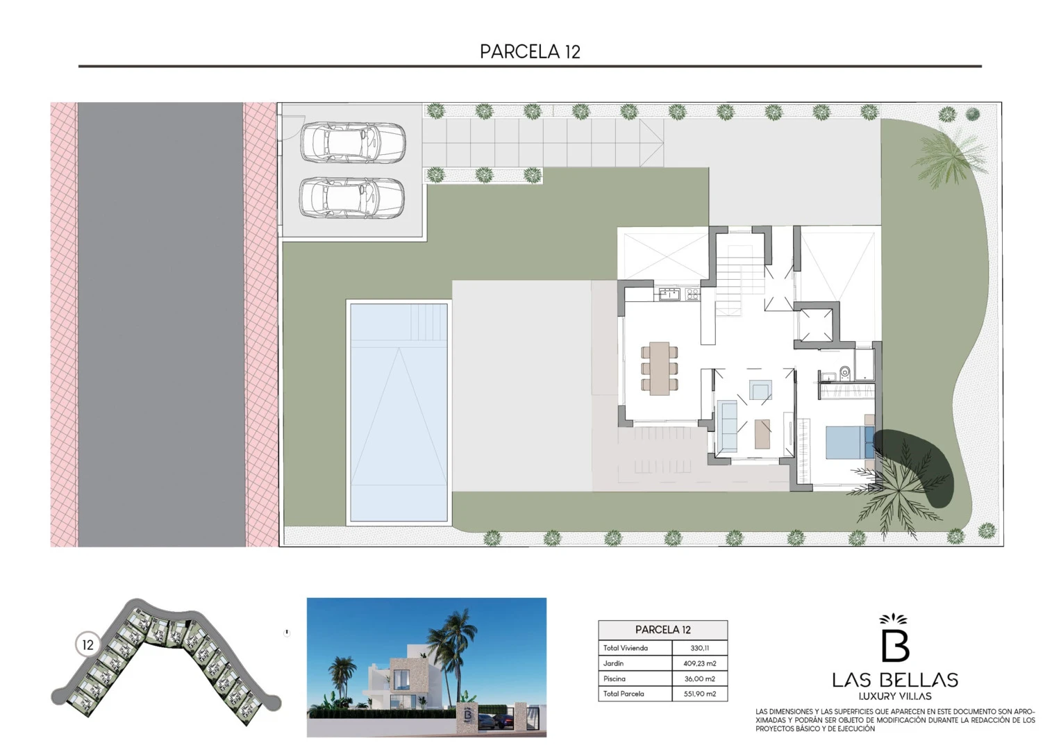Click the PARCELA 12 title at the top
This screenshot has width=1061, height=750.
[x=530, y=51]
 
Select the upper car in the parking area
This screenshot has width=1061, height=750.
[x=353, y=143]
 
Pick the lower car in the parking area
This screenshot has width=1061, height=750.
[x=352, y=198]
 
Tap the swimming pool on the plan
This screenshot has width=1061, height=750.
[x=399, y=412]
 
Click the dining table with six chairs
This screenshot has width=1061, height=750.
[x=660, y=369]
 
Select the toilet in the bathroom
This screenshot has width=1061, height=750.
[x=844, y=372]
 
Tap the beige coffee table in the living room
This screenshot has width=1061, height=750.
[x=762, y=433]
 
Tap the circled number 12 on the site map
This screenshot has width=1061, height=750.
[x=87, y=645]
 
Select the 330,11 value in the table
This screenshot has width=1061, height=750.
[x=700, y=648]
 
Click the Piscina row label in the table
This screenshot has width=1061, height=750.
[x=615, y=679]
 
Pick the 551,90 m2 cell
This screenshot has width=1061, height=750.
[x=700, y=694]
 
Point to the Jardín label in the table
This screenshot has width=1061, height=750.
[x=613, y=663]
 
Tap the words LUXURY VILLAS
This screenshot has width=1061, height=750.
[x=895, y=696]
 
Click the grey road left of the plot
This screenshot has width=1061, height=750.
[x=161, y=324]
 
